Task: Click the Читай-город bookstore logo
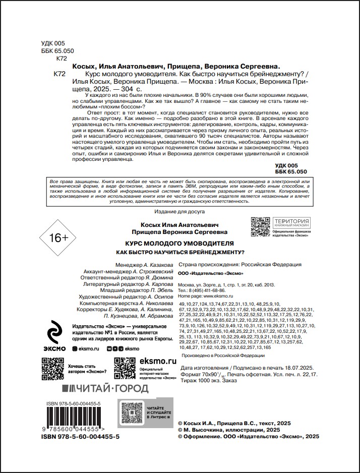coord(105,388)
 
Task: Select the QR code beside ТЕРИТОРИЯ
coord(260,226)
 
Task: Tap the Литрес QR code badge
coord(143,415)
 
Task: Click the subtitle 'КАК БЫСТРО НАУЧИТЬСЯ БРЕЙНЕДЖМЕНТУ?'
coord(179,252)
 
